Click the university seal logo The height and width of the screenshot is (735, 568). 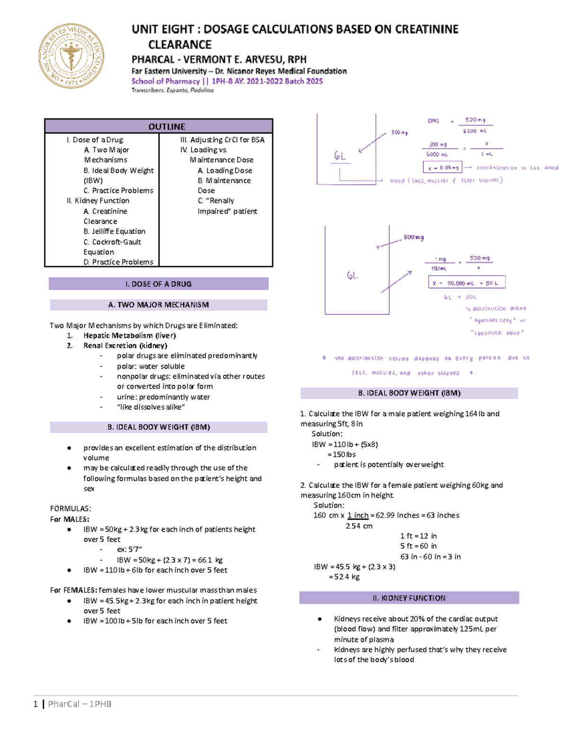click(x=71, y=56)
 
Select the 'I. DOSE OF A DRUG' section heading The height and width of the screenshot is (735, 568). click(x=159, y=284)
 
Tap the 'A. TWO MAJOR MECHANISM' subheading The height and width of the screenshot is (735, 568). click(x=159, y=305)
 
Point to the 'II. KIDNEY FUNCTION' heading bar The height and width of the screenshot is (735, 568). click(x=409, y=598)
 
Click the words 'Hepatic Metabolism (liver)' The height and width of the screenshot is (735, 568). click(x=129, y=336)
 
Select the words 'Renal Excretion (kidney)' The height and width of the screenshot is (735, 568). click(x=125, y=345)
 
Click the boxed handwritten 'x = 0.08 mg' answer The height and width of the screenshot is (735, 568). click(x=442, y=168)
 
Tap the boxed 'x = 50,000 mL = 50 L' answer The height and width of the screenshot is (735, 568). click(x=467, y=283)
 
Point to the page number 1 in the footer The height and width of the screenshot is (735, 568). click(x=35, y=704)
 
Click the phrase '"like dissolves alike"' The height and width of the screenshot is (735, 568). click(x=151, y=407)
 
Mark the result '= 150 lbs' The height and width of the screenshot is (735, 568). click(x=341, y=454)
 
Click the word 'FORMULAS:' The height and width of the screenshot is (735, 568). click(x=71, y=509)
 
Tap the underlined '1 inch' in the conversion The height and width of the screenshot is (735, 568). click(x=358, y=515)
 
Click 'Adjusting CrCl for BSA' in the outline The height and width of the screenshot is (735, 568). click(x=227, y=140)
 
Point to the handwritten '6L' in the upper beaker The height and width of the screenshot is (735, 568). click(x=340, y=156)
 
